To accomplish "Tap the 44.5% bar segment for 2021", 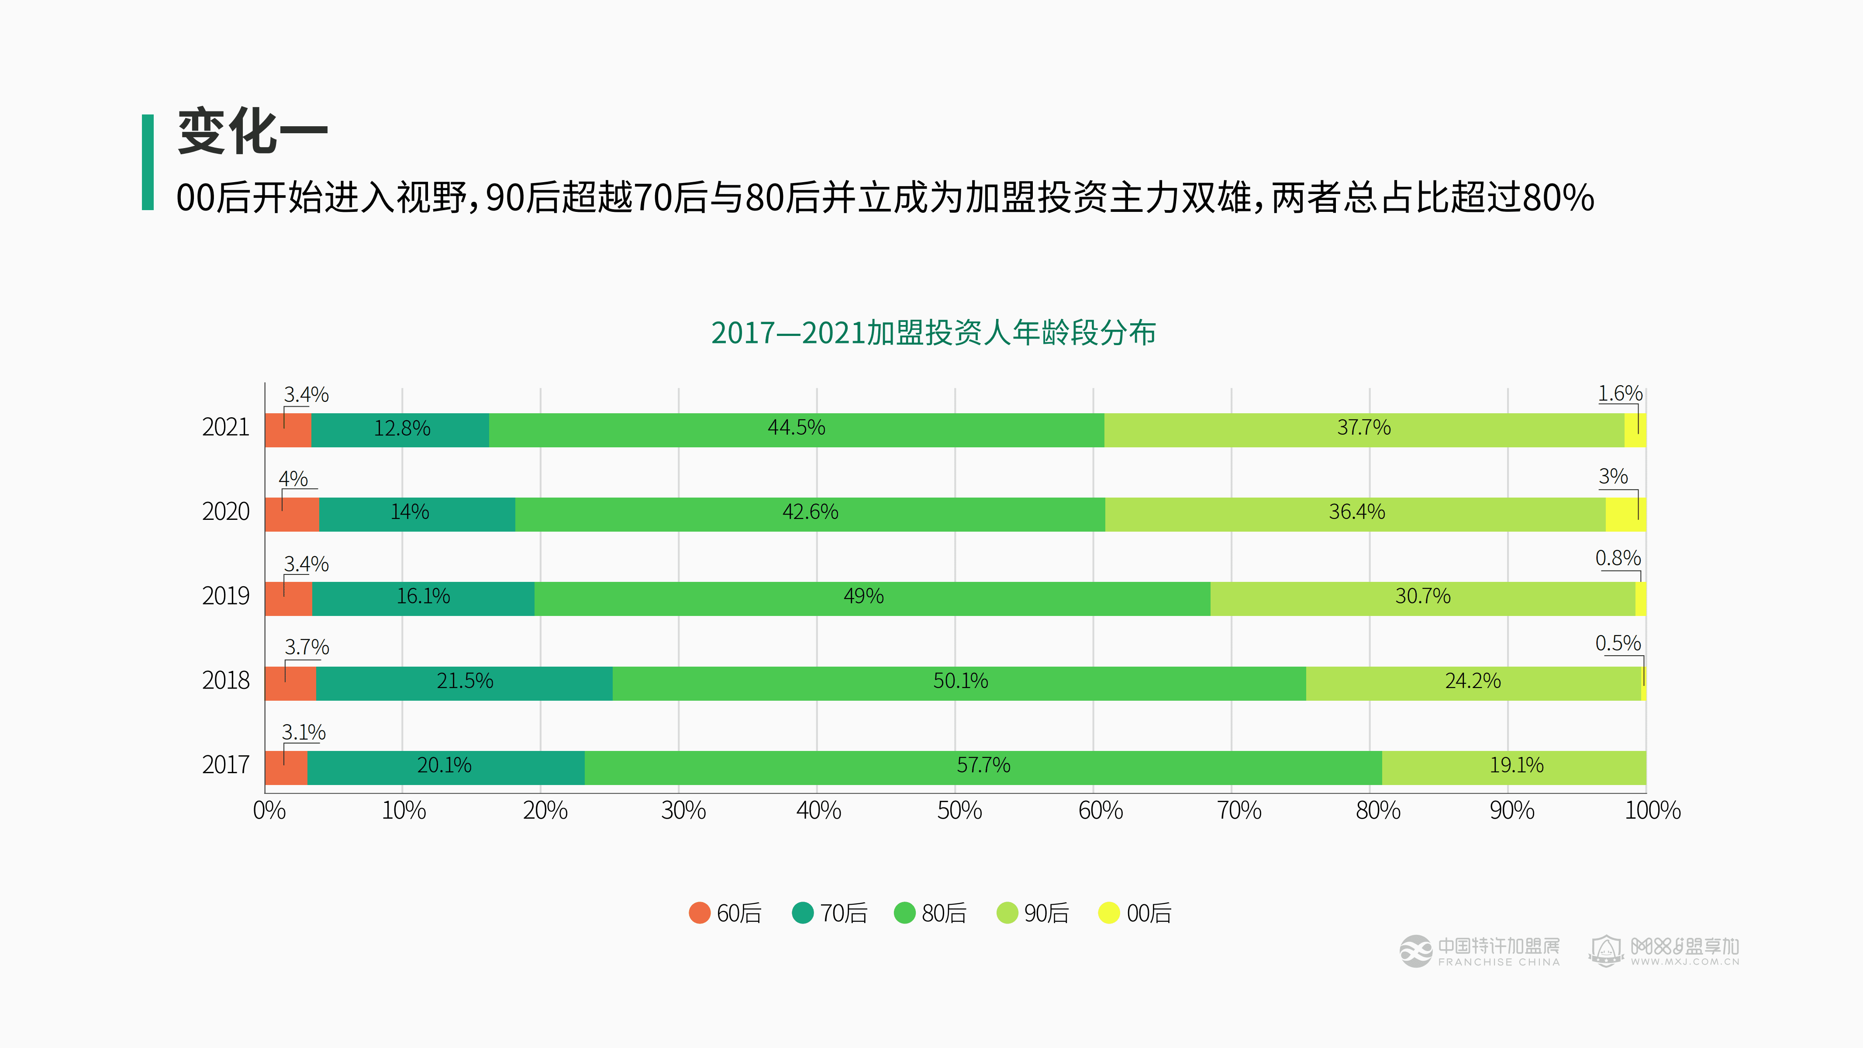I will (x=796, y=429).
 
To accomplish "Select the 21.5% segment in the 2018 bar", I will (x=464, y=683).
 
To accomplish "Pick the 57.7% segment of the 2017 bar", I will (x=983, y=768).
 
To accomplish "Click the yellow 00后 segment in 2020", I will (x=1625, y=514).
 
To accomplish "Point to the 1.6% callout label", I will (x=1620, y=394).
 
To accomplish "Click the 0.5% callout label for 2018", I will (x=1618, y=643).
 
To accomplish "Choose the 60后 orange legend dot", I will (x=699, y=913).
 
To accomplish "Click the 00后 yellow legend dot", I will (x=1109, y=913).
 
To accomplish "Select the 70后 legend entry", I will (x=829, y=913).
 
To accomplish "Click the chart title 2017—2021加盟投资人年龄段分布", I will (x=933, y=333).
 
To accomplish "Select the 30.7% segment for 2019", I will (x=1422, y=598).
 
